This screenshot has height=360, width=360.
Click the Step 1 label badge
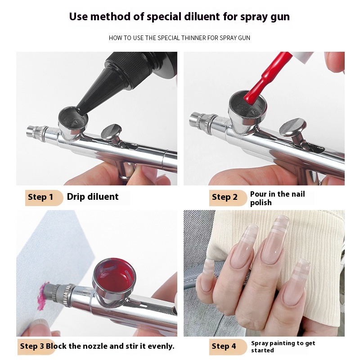44,198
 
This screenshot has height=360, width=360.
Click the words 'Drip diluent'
93,197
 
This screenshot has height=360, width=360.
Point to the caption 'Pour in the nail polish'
277,198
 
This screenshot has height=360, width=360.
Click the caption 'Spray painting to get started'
283,346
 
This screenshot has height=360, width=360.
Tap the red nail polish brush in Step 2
262,81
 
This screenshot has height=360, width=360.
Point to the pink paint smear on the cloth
41,296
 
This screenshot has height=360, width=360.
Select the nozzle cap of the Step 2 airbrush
197,119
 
